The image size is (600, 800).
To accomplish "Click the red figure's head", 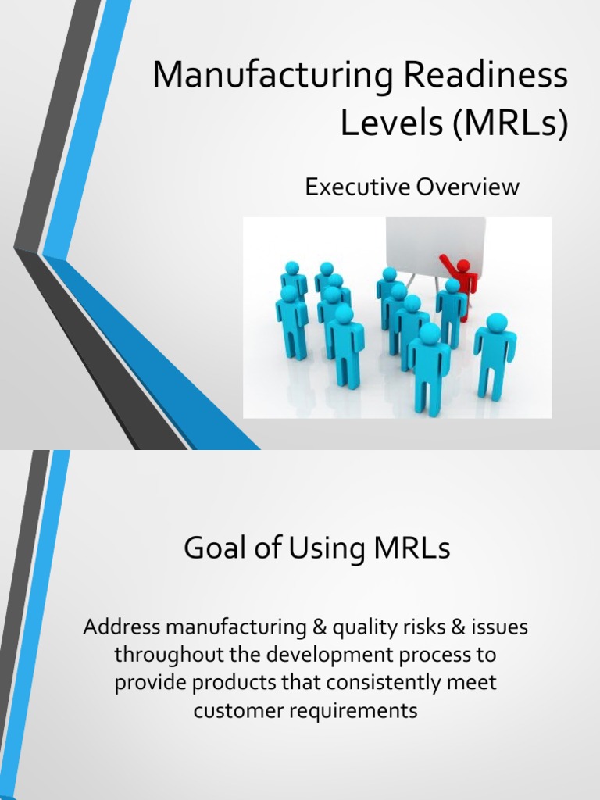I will click(x=463, y=266).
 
